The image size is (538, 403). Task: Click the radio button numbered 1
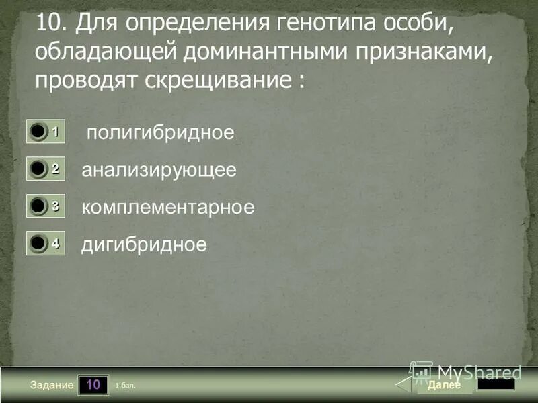point(39,132)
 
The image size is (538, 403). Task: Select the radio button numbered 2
point(39,169)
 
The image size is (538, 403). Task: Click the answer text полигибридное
point(161,132)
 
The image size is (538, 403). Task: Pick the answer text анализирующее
point(159,170)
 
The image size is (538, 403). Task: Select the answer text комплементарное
point(168,207)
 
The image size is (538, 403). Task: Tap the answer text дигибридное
point(144,244)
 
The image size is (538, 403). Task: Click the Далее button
point(444,385)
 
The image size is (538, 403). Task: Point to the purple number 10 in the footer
point(93,385)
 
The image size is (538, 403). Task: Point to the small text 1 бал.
point(126,386)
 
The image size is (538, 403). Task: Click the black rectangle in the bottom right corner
point(496,384)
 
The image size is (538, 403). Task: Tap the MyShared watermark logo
point(467,371)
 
